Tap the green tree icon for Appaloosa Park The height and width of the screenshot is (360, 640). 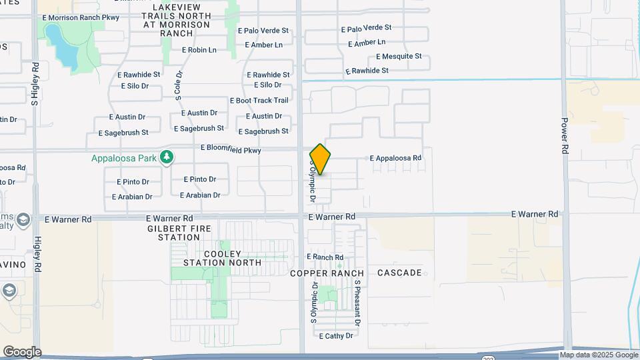point(166,157)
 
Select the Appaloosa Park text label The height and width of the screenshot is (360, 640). point(124,158)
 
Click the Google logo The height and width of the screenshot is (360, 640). point(22,351)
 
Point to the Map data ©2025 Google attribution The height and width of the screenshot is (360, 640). point(599,355)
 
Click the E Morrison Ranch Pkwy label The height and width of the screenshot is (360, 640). point(80,17)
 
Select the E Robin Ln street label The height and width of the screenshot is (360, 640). point(199,50)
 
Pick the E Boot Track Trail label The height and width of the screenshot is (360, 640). point(259,101)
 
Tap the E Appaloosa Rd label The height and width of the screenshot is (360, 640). point(395,158)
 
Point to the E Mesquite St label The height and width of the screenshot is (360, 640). point(399,57)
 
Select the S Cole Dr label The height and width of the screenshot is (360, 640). point(179,85)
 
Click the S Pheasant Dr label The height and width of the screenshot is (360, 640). point(357,302)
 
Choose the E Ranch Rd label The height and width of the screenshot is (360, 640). point(325,257)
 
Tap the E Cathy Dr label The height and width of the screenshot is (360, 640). point(335,336)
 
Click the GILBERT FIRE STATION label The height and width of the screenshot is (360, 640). point(174,233)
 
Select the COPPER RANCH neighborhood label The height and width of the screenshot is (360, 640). point(327,273)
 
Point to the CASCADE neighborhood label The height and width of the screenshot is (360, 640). point(399,273)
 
